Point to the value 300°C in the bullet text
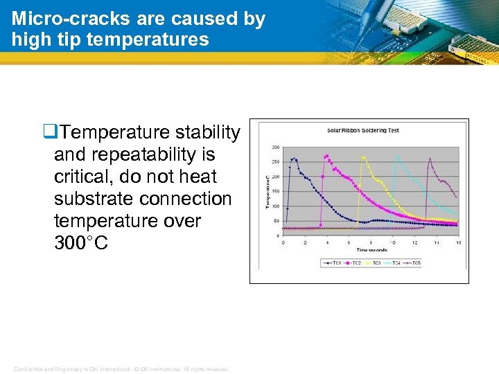(80, 243)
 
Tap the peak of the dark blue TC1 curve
(294, 159)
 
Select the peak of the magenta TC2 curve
(326, 156)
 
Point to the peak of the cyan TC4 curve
(397, 156)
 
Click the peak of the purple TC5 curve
(430, 159)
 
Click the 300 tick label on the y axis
(275, 147)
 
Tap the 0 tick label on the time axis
(283, 242)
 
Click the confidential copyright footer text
(121, 369)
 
